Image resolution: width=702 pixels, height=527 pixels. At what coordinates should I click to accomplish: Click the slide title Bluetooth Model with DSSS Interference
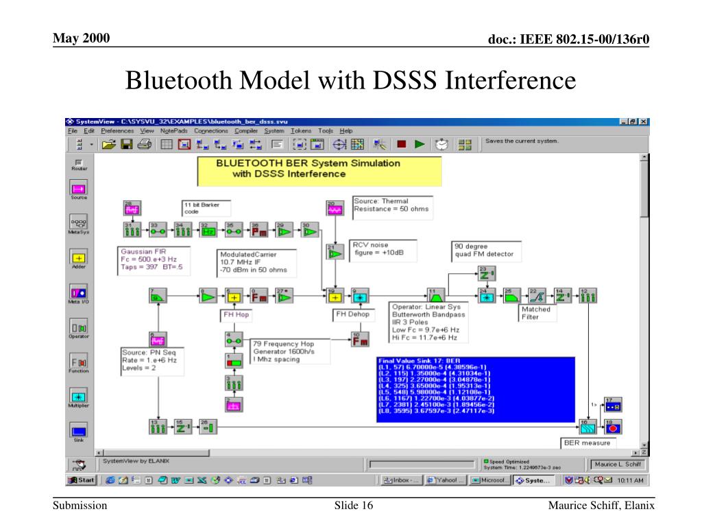[350, 81]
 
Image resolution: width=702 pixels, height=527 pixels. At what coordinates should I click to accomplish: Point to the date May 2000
[82, 38]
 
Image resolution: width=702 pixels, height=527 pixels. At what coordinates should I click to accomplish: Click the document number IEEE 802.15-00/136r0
[568, 40]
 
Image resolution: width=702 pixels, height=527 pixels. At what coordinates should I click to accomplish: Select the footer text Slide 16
[354, 506]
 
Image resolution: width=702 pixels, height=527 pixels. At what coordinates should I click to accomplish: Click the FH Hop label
[236, 315]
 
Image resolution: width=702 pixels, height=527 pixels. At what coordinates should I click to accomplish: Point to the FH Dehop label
[352, 315]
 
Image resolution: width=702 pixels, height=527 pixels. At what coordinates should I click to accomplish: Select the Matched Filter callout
[536, 314]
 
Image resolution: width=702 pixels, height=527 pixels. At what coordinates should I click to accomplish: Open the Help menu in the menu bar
[346, 130]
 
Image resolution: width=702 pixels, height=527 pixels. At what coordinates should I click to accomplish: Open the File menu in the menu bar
[72, 130]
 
